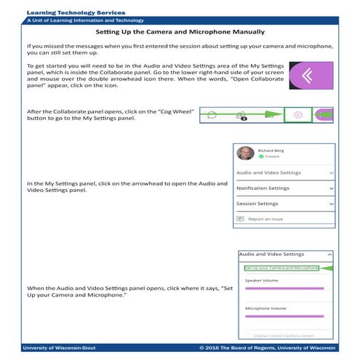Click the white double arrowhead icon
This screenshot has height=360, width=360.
pyautogui.click(x=311, y=76)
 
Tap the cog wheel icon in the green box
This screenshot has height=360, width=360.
pyautogui.click(x=297, y=115)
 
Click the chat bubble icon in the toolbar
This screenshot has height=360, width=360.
pyautogui.click(x=212, y=114)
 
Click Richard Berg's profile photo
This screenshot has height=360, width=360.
pyautogui.click(x=246, y=153)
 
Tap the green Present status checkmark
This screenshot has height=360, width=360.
pyautogui.click(x=261, y=156)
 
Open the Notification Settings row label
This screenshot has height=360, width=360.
pyautogui.click(x=263, y=188)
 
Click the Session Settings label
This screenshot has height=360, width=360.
pyautogui.click(x=257, y=204)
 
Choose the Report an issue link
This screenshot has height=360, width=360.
pyautogui.click(x=265, y=219)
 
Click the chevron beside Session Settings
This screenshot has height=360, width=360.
pyautogui.click(x=331, y=204)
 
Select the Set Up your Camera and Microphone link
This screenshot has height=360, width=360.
pyautogui.click(x=281, y=268)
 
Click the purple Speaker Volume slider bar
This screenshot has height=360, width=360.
pyautogui.click(x=284, y=289)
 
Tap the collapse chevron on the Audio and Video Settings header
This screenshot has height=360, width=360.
pyautogui.click(x=330, y=255)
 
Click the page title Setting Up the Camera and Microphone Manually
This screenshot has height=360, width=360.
pyautogui.click(x=180, y=33)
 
